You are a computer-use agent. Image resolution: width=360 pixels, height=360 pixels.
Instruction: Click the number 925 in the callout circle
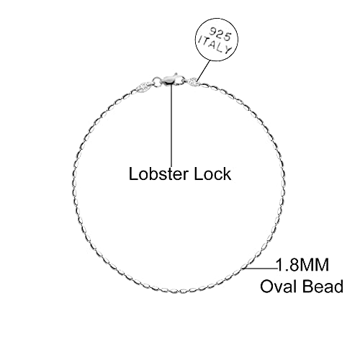click(220, 34)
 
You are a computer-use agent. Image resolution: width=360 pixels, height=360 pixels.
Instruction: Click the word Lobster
click(158, 174)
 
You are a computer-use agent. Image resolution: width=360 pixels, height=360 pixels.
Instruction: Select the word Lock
click(212, 174)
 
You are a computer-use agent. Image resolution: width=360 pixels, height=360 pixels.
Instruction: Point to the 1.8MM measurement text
click(302, 265)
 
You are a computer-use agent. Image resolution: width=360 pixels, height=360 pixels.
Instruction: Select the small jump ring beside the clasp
click(157, 81)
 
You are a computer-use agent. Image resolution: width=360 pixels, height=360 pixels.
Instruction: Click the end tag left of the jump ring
click(144, 86)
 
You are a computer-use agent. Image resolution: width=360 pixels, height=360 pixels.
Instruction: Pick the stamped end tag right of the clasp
click(195, 82)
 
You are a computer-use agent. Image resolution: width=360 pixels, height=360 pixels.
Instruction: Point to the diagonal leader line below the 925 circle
click(204, 70)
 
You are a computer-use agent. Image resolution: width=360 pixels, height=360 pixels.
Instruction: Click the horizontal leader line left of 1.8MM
click(261, 268)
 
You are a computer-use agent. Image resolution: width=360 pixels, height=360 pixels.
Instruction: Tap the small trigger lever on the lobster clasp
click(176, 74)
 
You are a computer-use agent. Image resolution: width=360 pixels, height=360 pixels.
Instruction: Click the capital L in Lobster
click(133, 174)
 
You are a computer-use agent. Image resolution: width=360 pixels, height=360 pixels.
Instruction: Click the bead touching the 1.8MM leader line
click(245, 266)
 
